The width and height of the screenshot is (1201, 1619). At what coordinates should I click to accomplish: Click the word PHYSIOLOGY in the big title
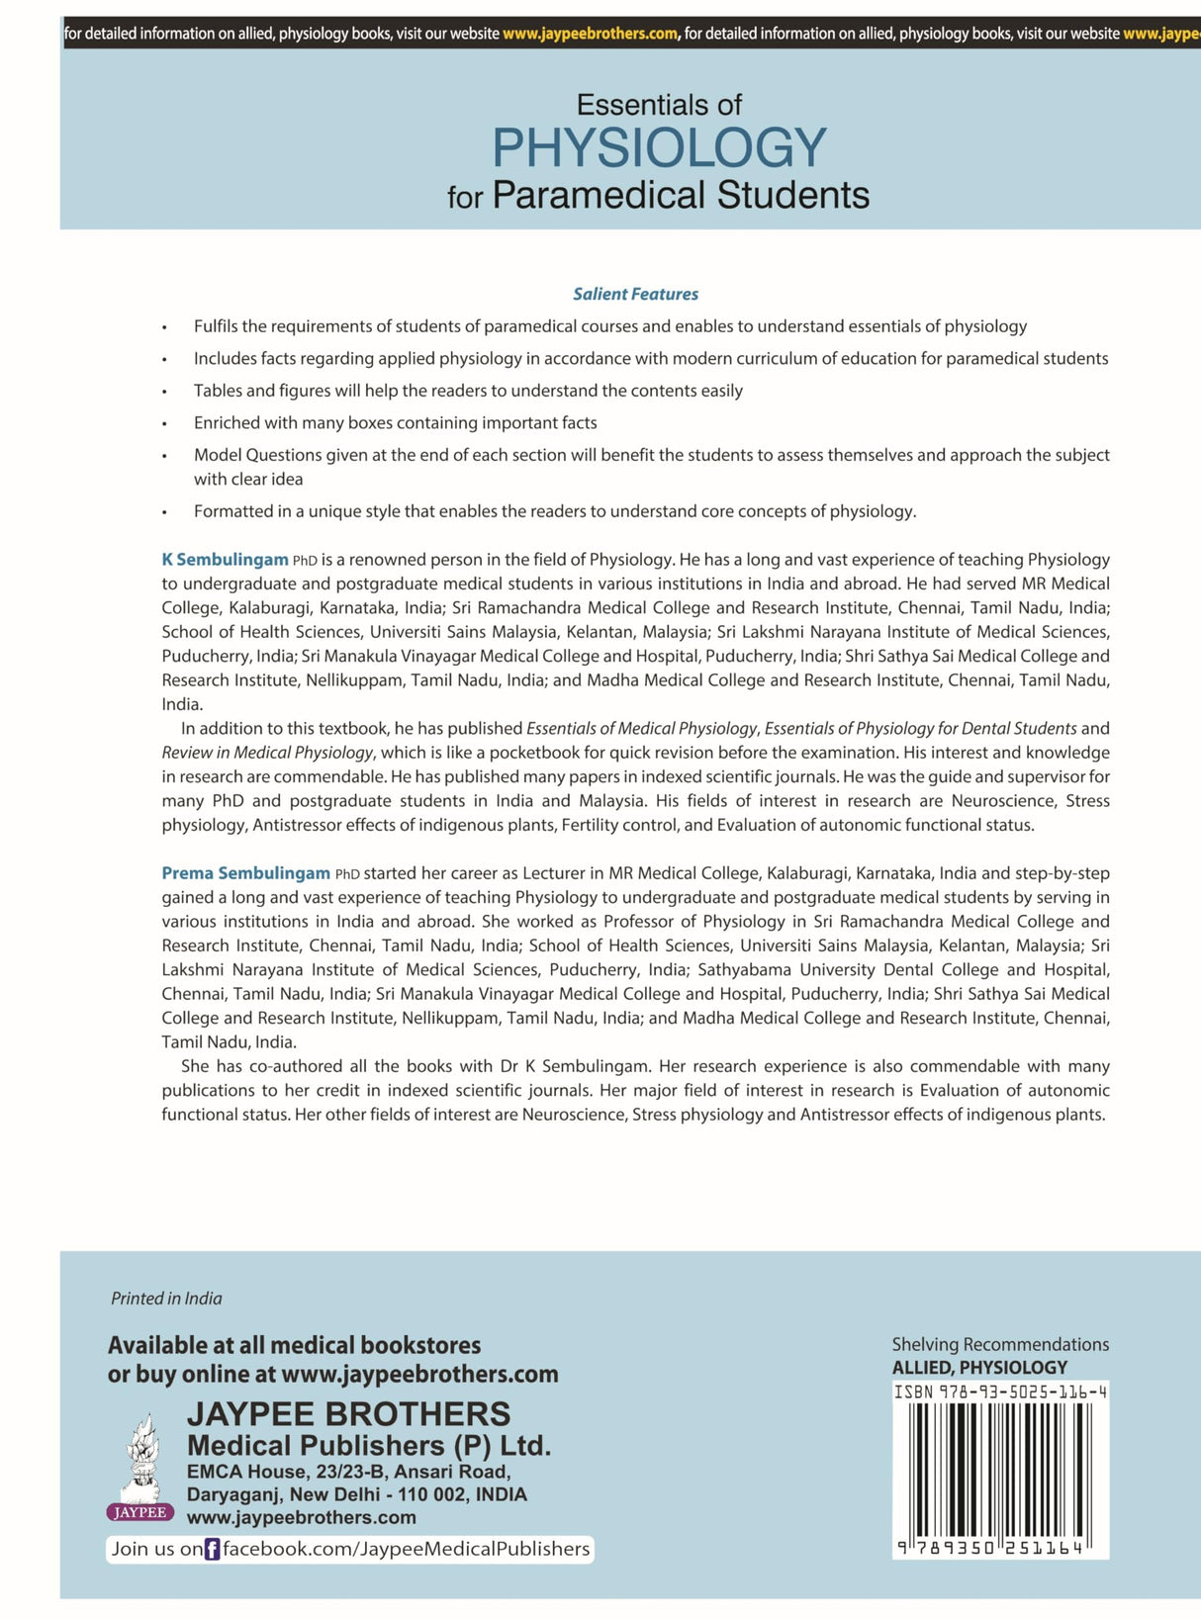point(659,148)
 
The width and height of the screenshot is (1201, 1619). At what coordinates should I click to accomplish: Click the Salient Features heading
point(635,294)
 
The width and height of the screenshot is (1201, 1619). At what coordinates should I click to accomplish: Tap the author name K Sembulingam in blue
point(225,560)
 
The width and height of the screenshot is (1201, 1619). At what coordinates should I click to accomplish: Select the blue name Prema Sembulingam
point(245,873)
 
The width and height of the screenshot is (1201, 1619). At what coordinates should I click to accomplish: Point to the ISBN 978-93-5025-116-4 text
point(1000,1392)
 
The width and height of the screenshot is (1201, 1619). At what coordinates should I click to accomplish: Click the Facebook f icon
point(212,1550)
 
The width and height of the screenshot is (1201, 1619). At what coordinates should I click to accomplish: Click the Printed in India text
point(166,1299)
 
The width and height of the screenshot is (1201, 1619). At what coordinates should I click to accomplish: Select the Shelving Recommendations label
point(1000,1344)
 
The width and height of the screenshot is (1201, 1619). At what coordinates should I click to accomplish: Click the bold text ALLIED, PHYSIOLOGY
point(979,1368)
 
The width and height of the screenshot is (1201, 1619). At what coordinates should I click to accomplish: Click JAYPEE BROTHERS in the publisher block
point(348,1414)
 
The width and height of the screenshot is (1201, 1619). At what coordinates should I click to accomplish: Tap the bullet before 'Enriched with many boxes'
point(165,424)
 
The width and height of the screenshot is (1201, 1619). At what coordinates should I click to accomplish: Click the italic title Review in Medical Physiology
point(268,753)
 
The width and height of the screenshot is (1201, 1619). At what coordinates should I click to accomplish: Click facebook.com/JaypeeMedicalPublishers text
point(406,1549)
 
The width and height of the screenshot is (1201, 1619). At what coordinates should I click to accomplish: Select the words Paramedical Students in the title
point(681,195)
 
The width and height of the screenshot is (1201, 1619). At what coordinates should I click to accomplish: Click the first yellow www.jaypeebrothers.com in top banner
point(590,34)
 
